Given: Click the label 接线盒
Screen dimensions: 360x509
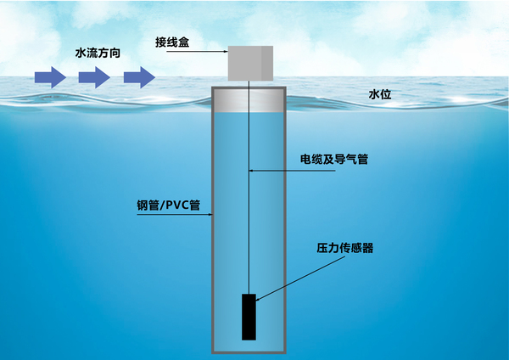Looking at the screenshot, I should point(172,41).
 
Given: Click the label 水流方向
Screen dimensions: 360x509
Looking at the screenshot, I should point(98,53).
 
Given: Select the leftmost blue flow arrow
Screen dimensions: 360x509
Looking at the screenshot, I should point(50,78).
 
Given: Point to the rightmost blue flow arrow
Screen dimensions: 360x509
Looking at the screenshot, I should point(139,78).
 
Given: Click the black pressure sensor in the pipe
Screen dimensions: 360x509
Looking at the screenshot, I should point(249,316).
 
